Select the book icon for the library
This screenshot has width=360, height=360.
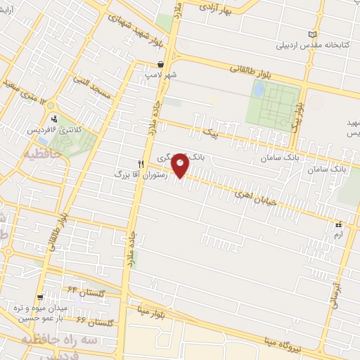pos(313,34)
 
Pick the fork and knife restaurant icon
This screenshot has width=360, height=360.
pos(141,162)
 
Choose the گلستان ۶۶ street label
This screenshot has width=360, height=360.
pos(94,321)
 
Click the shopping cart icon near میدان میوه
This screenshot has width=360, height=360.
pos(40,297)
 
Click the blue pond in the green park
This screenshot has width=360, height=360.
pos(258,89)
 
